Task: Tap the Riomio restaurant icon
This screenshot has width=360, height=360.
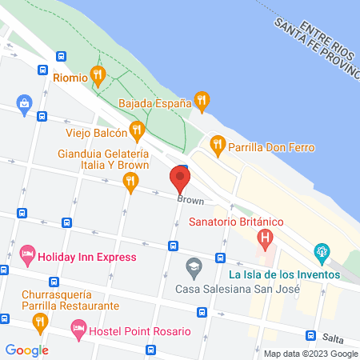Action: tap(98, 77)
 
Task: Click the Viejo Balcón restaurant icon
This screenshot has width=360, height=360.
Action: tap(138, 129)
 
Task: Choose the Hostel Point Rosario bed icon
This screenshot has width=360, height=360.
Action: tap(78, 329)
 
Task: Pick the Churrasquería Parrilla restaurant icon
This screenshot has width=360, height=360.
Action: tap(40, 322)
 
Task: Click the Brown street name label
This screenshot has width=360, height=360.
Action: tap(190, 200)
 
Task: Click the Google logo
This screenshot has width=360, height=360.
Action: tap(26, 350)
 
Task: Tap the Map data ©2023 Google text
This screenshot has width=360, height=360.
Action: tap(310, 354)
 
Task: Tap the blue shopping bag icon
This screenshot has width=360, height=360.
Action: tap(25, 103)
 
